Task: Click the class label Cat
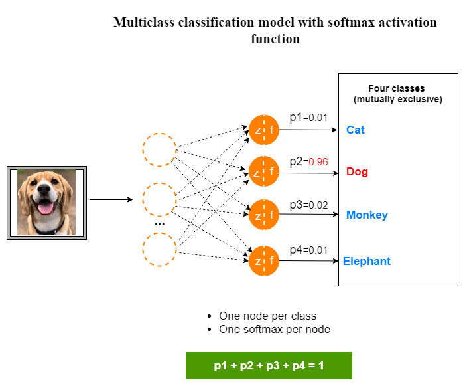[356, 130]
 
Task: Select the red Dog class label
[357, 172]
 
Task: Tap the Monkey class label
[367, 215]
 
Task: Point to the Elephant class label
[367, 261]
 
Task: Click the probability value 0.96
[319, 161]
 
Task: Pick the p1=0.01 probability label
[308, 118]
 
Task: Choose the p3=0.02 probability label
[308, 205]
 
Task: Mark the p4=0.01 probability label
[308, 250]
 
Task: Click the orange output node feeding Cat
[264, 130]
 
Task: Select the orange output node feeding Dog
[264, 172]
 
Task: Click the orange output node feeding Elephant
[264, 261]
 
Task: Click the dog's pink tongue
[47, 210]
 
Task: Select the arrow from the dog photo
[111, 199]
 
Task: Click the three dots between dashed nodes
[160, 224]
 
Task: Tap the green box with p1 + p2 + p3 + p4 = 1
[269, 365]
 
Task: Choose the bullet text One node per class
[267, 316]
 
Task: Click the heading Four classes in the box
[397, 88]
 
